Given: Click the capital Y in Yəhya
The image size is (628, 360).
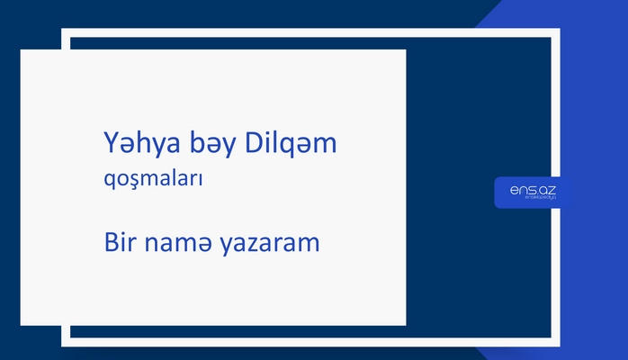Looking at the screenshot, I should (111, 144).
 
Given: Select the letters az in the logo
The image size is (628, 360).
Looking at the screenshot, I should (548, 189).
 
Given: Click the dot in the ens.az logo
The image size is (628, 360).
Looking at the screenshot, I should (537, 193).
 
